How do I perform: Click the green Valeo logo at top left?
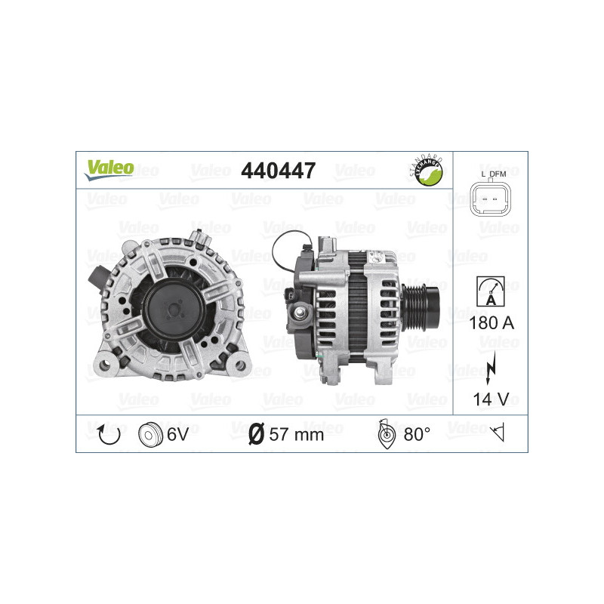pos(109,168)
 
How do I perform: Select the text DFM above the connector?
pos(498,175)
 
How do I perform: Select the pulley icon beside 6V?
pos(149,434)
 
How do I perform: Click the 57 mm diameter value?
pos(296,434)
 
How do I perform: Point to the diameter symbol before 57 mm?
pos(256,434)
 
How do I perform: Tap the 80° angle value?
pos(417,434)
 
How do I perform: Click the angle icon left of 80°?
pos(387,434)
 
